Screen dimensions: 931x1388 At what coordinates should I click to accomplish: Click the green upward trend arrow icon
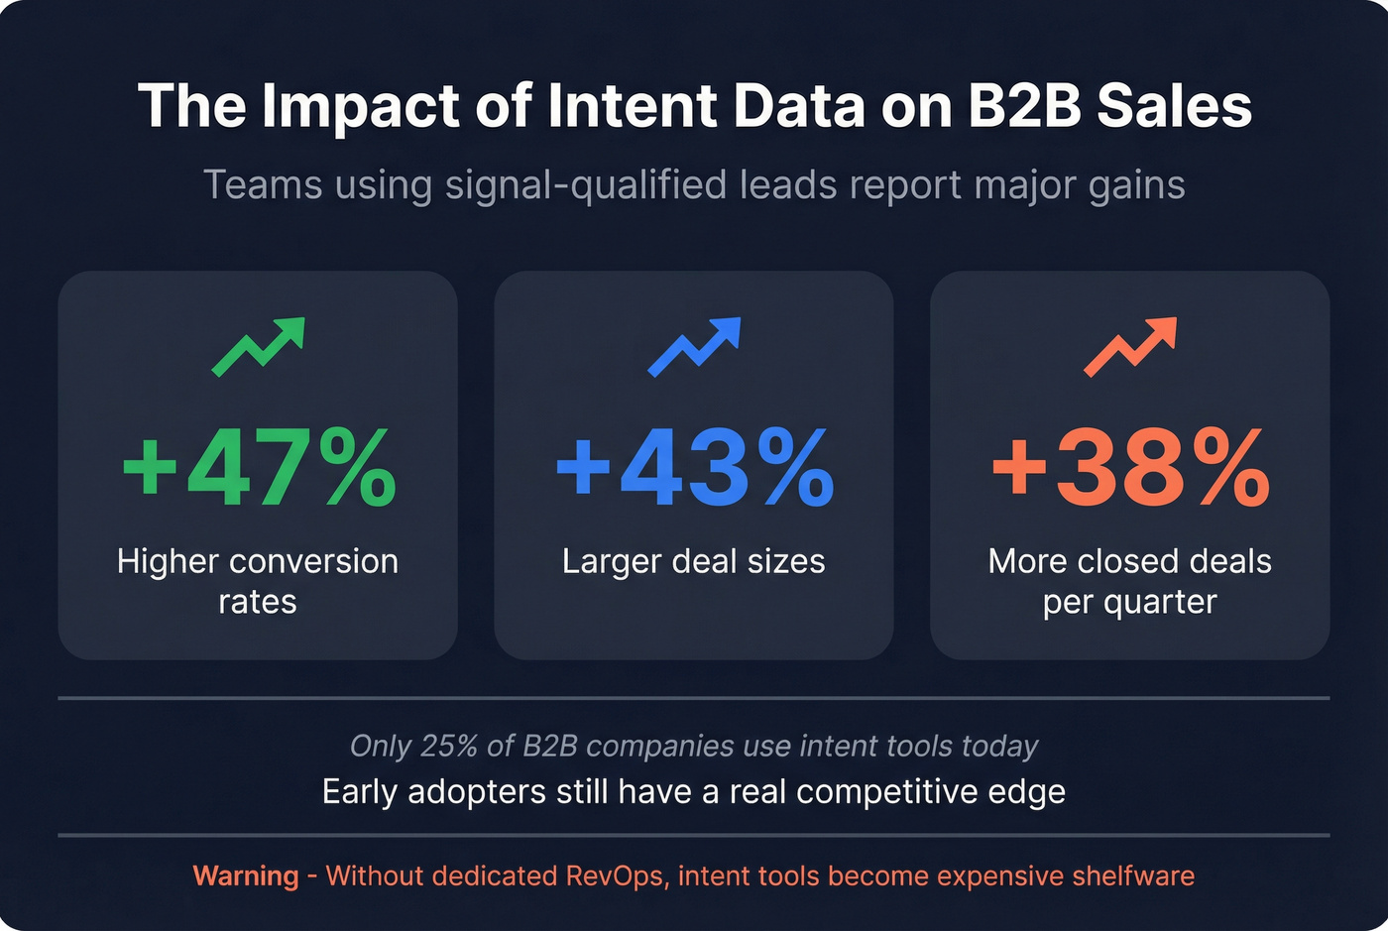tap(258, 347)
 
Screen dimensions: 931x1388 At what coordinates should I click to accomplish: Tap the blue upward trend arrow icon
tap(694, 347)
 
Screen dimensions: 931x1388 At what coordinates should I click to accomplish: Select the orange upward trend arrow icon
tap(1130, 347)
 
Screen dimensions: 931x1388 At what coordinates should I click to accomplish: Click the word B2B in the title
tap(1024, 105)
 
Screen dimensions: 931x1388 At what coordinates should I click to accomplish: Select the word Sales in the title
tap(1175, 105)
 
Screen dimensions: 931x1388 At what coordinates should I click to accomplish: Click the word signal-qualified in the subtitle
tap(588, 185)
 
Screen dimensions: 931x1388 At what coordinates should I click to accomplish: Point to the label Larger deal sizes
tap(694, 561)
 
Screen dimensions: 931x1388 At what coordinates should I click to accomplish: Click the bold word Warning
tap(246, 876)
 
